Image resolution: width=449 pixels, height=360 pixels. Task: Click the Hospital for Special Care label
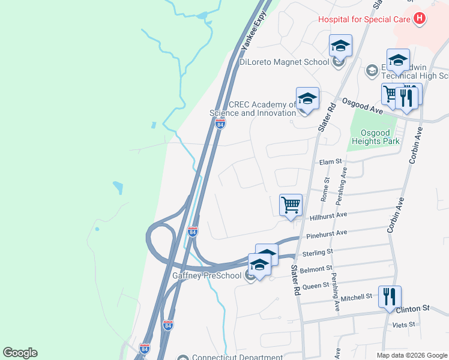point(364,19)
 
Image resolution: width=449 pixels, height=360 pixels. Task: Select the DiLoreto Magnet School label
point(284,62)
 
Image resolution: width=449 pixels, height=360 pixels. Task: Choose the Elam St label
point(330,161)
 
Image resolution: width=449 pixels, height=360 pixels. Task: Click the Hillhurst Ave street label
point(329,215)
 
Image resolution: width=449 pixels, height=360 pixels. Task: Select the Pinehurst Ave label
point(327,233)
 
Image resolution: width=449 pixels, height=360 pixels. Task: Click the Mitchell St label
point(357,297)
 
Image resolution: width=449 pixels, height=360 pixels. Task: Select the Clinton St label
point(414,308)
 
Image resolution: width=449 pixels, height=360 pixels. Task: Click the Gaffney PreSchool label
point(206,276)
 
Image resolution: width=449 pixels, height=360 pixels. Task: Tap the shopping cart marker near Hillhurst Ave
point(291,205)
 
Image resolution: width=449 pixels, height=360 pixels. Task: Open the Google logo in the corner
point(20,353)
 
